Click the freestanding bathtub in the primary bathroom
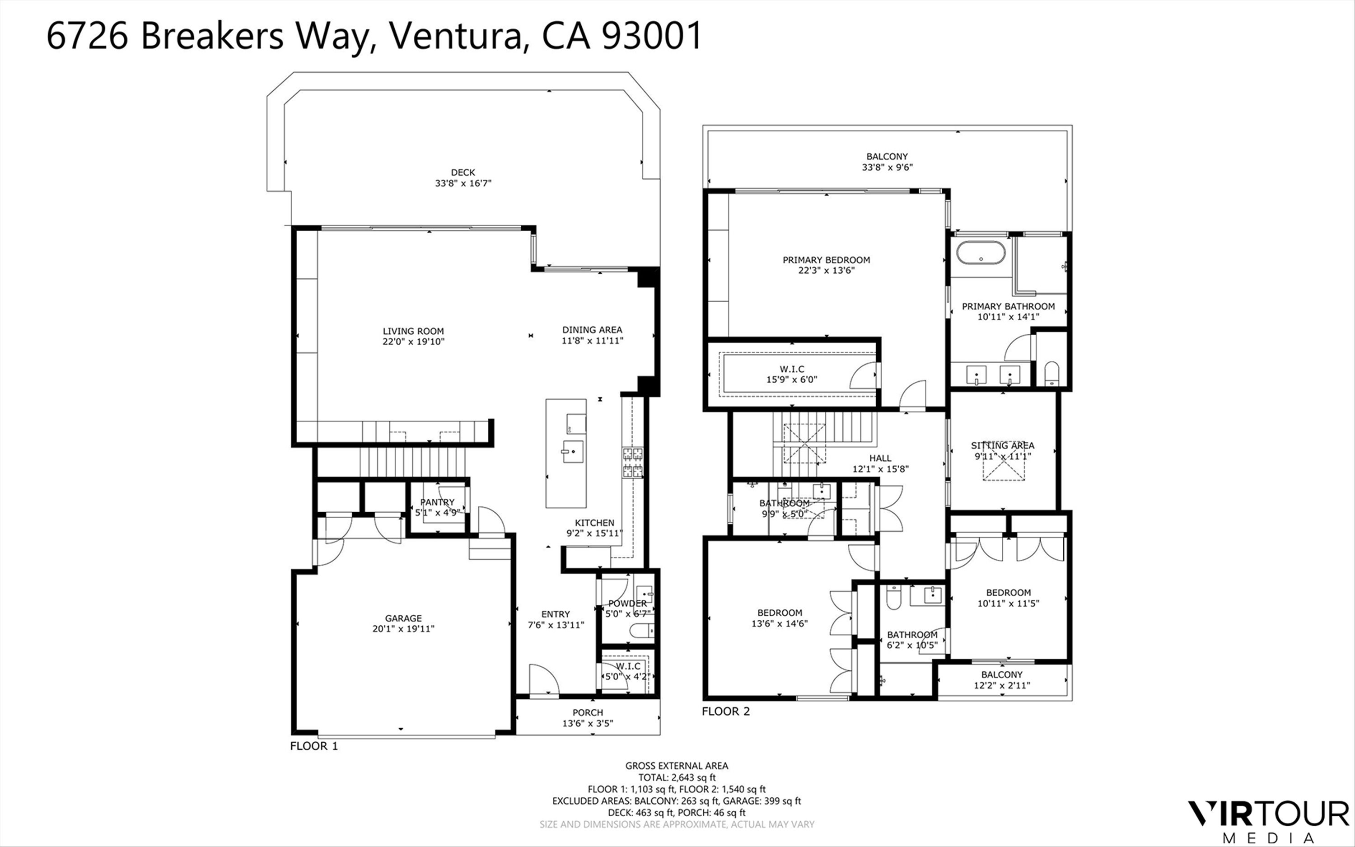tap(981, 253)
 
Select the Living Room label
tap(413, 331)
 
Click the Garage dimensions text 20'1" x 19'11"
tap(403, 628)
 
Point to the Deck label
tap(463, 173)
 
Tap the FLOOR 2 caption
tap(726, 711)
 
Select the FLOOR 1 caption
tap(313, 746)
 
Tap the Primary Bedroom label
tap(827, 260)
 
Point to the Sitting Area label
tap(1002, 445)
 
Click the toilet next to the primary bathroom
tap(1052, 374)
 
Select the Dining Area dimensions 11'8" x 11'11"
tap(593, 341)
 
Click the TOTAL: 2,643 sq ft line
tap(677, 777)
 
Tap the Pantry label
tap(437, 502)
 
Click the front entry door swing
tap(544, 681)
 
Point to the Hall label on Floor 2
tap(880, 458)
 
